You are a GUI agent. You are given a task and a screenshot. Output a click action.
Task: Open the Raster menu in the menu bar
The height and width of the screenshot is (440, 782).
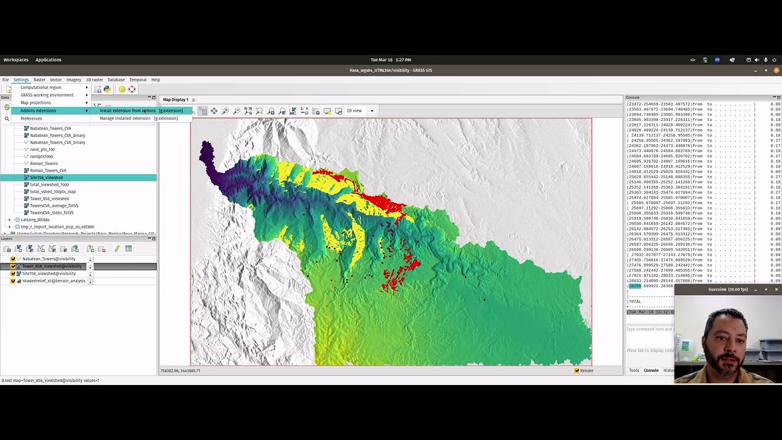[39, 79]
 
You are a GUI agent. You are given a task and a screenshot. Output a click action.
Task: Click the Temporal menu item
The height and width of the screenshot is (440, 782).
[137, 79]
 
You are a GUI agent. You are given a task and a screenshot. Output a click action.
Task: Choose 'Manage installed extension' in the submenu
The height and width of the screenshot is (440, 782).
[125, 119]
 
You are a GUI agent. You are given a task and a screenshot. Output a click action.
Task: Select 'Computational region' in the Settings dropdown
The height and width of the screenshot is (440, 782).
[41, 87]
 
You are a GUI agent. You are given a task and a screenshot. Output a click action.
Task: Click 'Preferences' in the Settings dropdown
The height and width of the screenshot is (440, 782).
[31, 119]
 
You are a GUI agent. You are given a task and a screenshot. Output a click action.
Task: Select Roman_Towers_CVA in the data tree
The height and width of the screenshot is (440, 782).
[48, 170]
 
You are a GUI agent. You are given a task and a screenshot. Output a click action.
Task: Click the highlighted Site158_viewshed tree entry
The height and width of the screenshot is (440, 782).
[46, 177]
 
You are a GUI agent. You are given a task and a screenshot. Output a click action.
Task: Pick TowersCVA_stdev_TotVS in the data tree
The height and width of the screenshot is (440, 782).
[52, 213]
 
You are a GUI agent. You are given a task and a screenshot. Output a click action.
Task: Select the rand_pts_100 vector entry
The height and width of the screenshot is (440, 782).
[42, 149]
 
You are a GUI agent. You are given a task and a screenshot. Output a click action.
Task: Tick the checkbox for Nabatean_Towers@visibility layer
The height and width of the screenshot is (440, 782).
[13, 259]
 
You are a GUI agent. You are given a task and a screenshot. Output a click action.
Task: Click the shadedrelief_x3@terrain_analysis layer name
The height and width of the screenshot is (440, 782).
[54, 281]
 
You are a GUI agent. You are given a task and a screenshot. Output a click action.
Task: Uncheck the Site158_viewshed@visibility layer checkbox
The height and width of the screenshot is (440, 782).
[13, 274]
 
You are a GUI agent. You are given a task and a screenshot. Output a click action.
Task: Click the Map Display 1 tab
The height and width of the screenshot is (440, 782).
[175, 100]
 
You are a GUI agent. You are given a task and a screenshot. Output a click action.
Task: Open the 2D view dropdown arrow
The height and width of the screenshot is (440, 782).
[371, 111]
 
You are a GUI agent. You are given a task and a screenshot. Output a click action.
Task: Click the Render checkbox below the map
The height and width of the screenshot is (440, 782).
[577, 370]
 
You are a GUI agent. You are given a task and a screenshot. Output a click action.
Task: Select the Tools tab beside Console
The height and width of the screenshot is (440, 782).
[634, 370]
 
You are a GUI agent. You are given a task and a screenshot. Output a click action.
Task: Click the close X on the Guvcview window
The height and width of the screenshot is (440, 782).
[776, 290]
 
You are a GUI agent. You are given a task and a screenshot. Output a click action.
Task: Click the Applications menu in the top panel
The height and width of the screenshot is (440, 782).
[48, 60]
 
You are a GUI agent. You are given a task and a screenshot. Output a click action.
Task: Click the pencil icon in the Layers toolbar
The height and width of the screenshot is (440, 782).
[117, 249]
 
